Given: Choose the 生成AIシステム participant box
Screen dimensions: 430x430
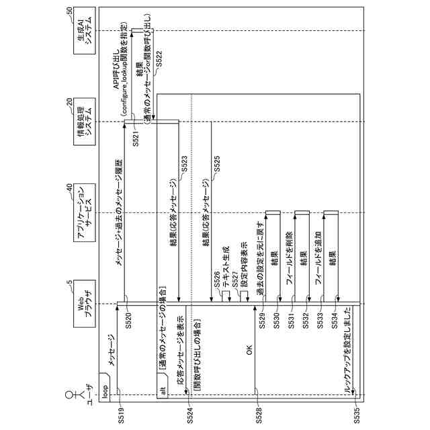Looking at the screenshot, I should click(x=84, y=30).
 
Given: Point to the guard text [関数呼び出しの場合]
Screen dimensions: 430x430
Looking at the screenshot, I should click(x=198, y=356).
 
